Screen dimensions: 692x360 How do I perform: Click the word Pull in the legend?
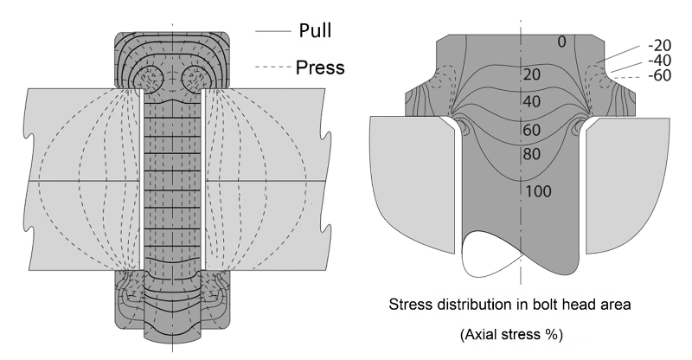point(315,30)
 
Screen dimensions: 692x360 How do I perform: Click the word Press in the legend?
point(320,67)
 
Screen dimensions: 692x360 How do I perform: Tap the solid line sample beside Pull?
point(272,31)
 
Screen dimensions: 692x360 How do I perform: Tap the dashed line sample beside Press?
point(272,67)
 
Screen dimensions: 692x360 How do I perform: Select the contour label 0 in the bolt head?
point(561,42)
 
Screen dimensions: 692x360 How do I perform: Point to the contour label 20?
point(532,74)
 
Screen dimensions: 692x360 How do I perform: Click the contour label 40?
point(532,101)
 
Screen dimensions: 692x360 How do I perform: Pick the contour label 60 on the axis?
point(532,130)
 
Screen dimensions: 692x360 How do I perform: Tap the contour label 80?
point(532,154)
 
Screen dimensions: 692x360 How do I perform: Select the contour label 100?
point(538,191)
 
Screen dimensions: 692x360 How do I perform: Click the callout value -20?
point(659,45)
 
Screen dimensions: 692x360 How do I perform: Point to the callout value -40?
point(659,60)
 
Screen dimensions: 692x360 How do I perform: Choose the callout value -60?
point(659,75)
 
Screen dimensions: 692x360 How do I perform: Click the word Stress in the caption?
point(405,305)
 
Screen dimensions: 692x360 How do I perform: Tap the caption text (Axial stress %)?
point(511,334)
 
